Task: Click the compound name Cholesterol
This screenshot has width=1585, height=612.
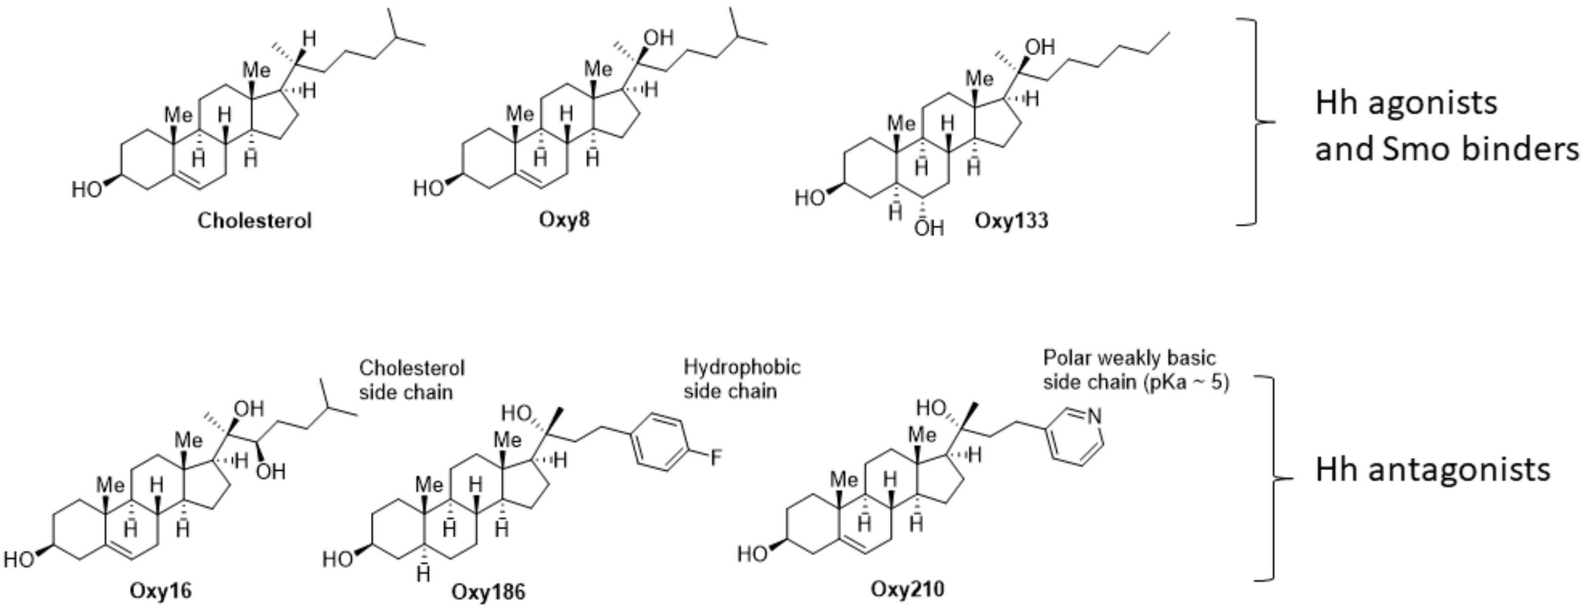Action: pos(254,221)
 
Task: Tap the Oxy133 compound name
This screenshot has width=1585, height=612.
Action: pos(1011,221)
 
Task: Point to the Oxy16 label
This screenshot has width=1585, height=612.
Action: pos(160,591)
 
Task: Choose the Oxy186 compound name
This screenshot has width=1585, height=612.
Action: pos(488,592)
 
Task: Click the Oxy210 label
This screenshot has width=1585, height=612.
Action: pos(907,589)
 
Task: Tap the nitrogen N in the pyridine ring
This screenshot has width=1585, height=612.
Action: pos(1093,417)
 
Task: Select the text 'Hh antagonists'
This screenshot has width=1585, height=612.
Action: pos(1432,470)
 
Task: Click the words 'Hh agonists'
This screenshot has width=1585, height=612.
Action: pos(1406,103)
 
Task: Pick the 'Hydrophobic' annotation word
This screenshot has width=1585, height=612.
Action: pos(741,368)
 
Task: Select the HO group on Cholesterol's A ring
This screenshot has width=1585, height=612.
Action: pos(87,189)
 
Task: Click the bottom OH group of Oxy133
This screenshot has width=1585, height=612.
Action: pos(928,228)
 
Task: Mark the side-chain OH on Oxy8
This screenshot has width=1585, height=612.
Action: pos(659,38)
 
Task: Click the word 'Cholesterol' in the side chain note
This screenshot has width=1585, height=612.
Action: pos(411,368)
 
